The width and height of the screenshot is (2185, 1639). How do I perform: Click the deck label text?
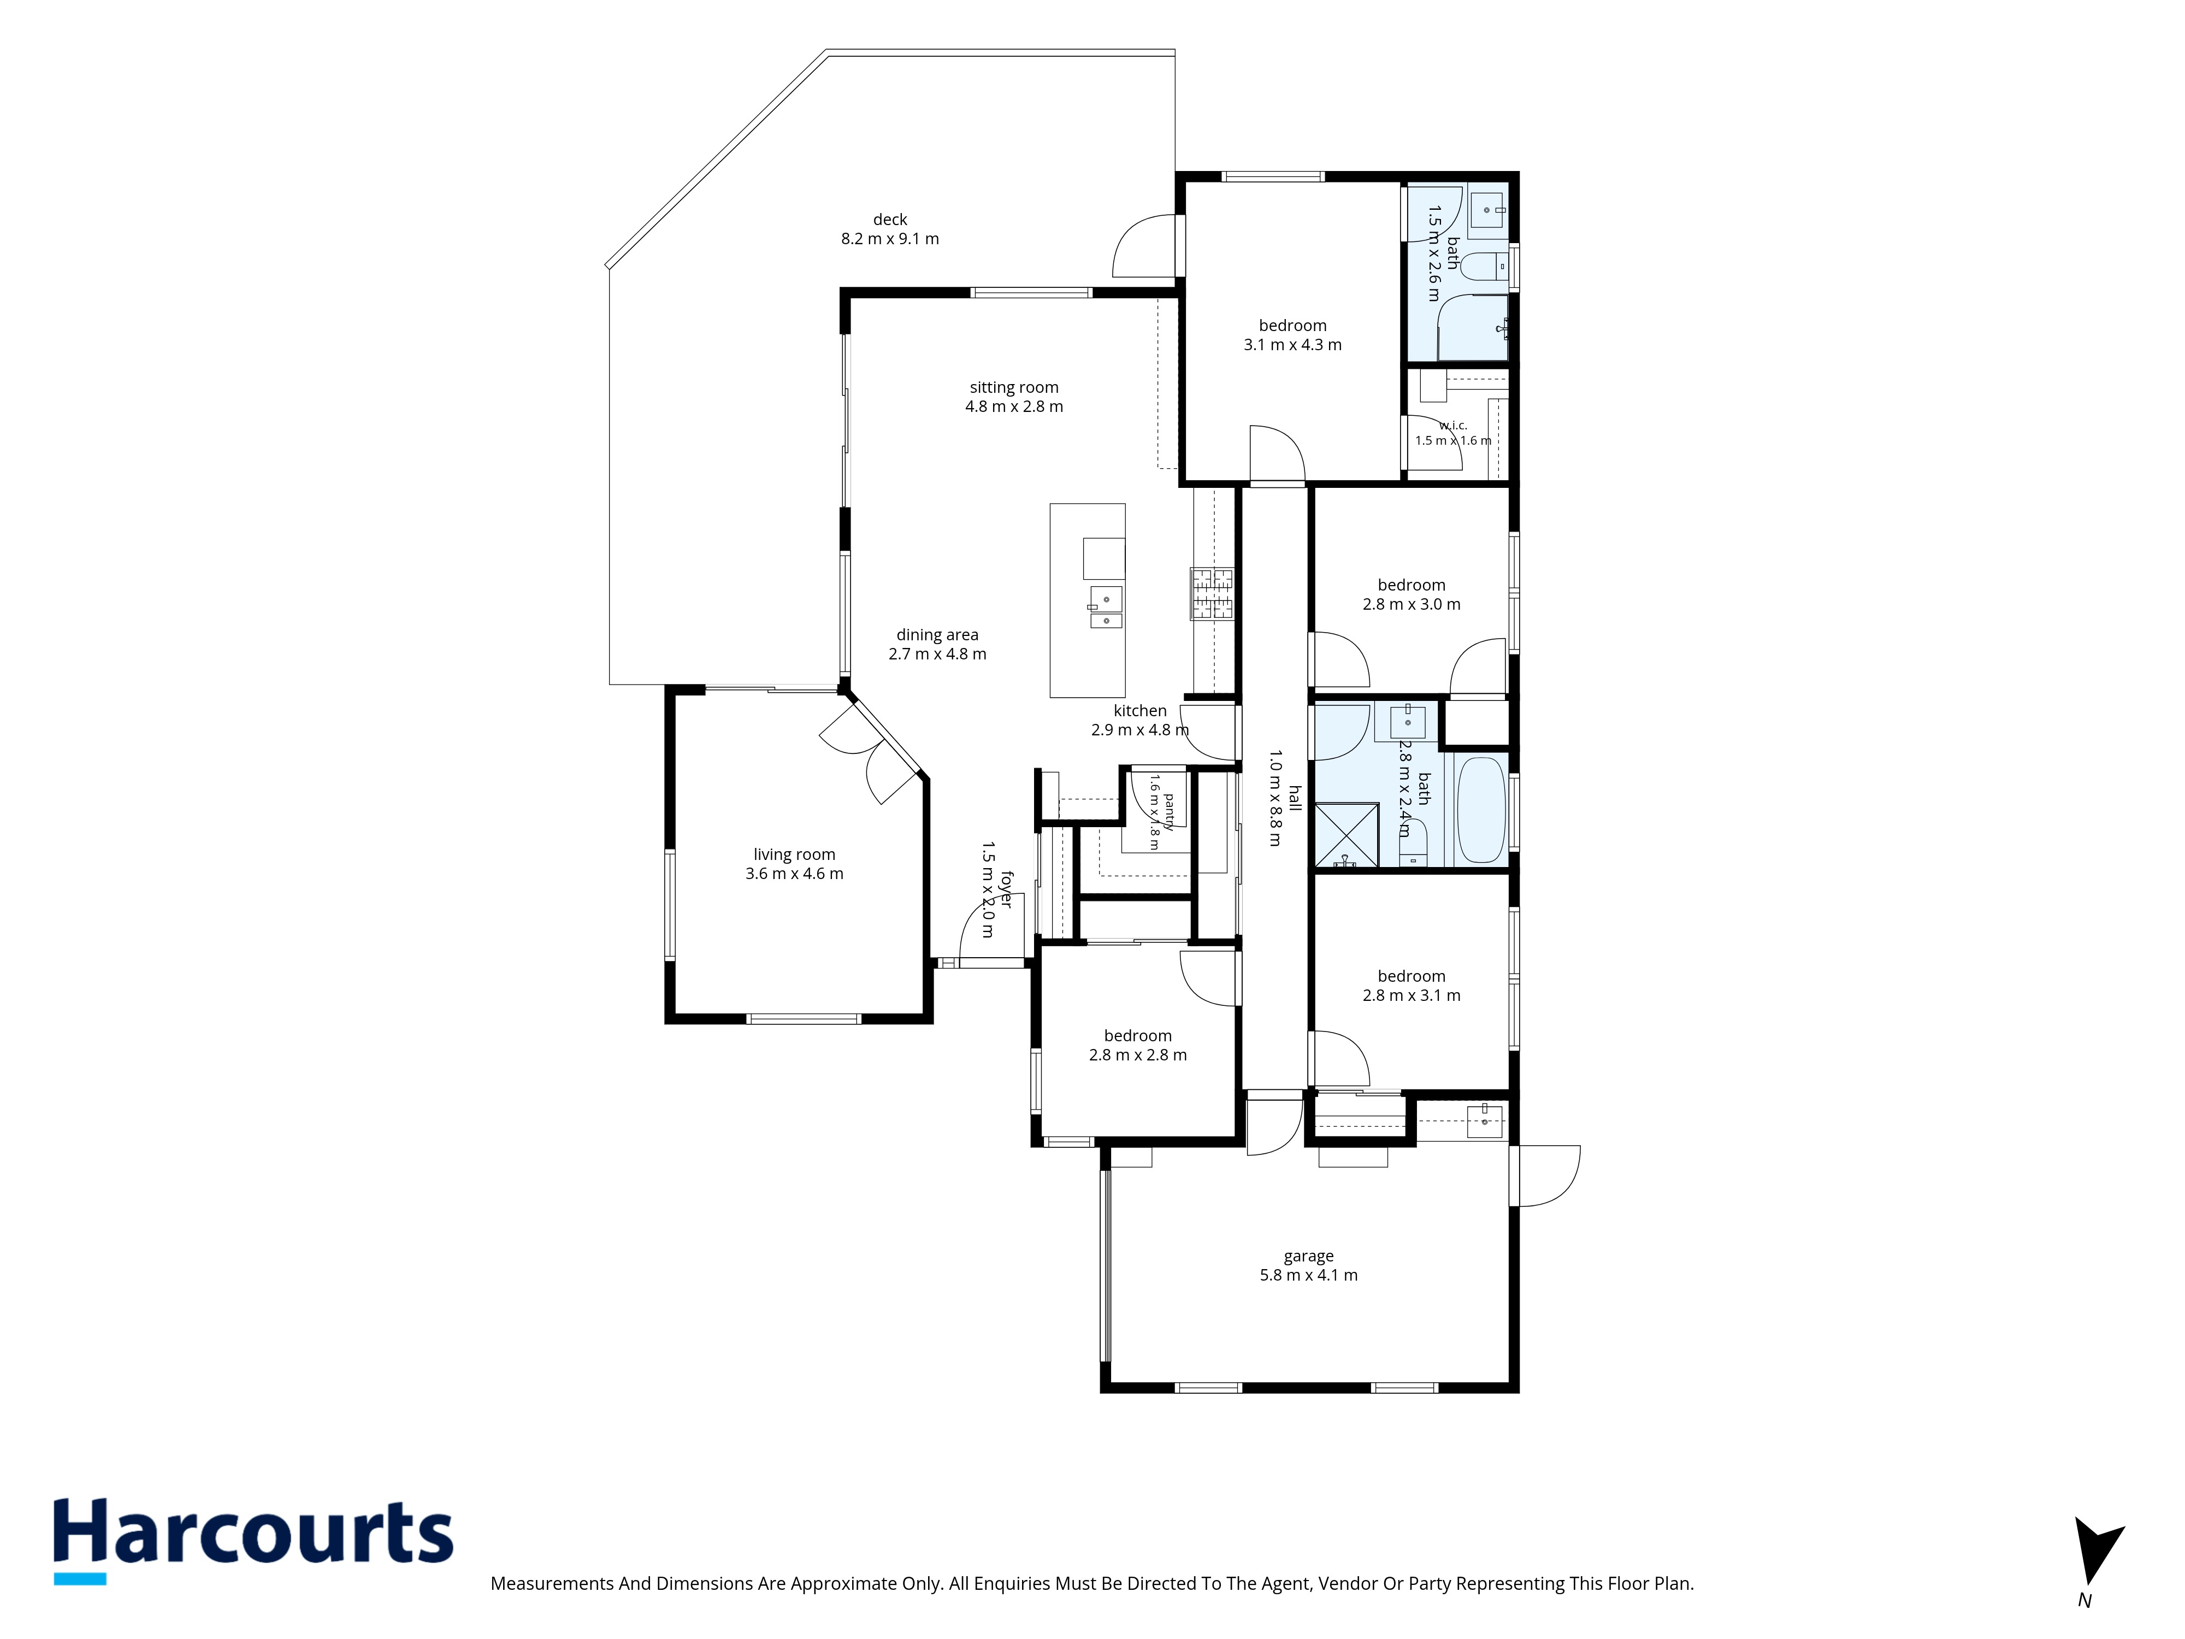890,219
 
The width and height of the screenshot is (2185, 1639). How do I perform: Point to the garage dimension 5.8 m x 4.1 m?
1309,1276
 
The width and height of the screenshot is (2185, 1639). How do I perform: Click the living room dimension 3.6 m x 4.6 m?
794,874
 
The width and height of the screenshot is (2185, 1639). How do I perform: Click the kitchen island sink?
1106,606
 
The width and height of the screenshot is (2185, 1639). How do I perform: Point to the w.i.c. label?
1453,425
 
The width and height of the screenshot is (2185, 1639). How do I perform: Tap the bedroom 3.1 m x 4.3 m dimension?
1292,345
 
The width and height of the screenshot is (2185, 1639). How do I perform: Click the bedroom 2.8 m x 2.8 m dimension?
1138,1055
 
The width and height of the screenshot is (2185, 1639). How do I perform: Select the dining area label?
937,634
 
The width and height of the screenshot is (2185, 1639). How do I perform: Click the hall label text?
1294,798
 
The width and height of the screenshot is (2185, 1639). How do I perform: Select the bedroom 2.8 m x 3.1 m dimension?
1412,995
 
